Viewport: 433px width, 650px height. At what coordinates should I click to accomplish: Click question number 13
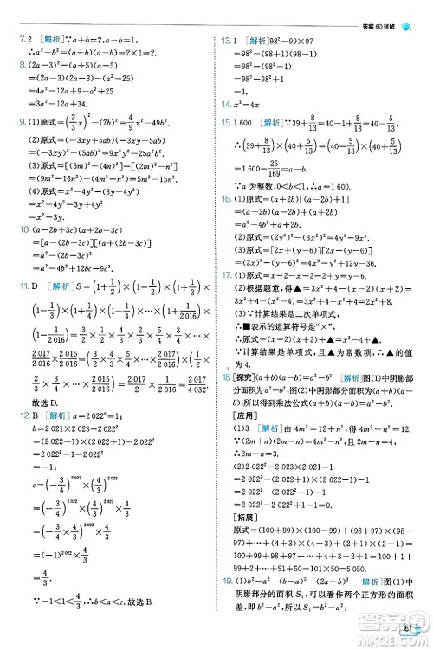point(227,41)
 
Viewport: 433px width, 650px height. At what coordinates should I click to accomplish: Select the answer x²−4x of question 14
point(251,101)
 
